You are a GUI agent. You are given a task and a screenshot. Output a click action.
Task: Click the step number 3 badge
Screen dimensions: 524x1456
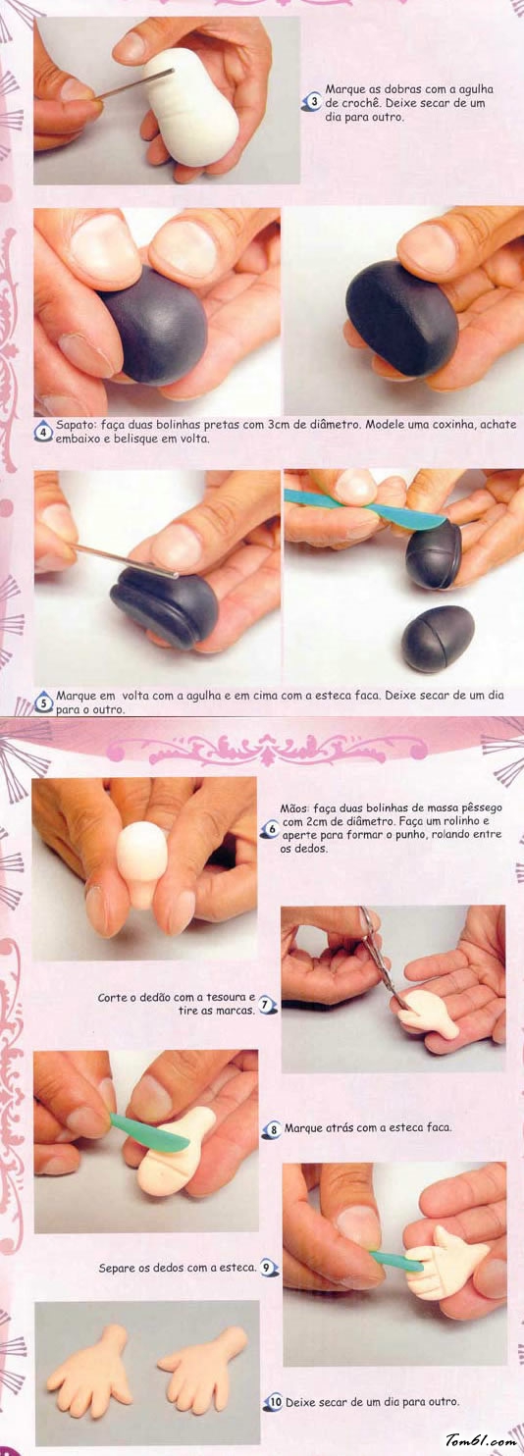tap(313, 103)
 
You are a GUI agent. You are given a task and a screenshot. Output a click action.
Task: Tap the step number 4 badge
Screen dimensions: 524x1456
tap(44, 433)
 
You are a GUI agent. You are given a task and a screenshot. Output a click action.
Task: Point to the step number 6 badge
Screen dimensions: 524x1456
tap(271, 829)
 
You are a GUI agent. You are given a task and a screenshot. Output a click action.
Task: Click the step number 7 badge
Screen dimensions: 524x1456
tap(267, 1005)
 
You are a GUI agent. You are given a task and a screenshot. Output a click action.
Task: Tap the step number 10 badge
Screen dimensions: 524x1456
tap(275, 1402)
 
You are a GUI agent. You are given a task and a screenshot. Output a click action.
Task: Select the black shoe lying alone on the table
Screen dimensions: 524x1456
tap(438, 638)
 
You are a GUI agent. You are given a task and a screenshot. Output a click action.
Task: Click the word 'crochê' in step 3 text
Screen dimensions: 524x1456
tap(361, 103)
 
